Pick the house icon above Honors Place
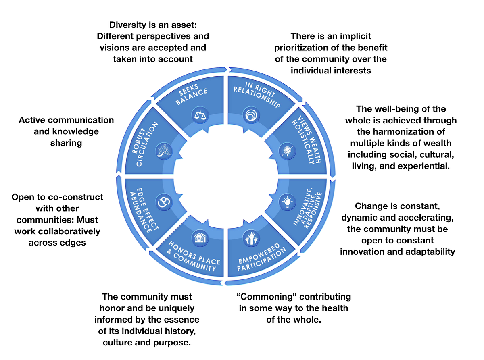click(x=199, y=238)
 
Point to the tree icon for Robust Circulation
click(x=164, y=150)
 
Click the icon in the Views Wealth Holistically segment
click(x=287, y=151)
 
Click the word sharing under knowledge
click(x=66, y=143)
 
